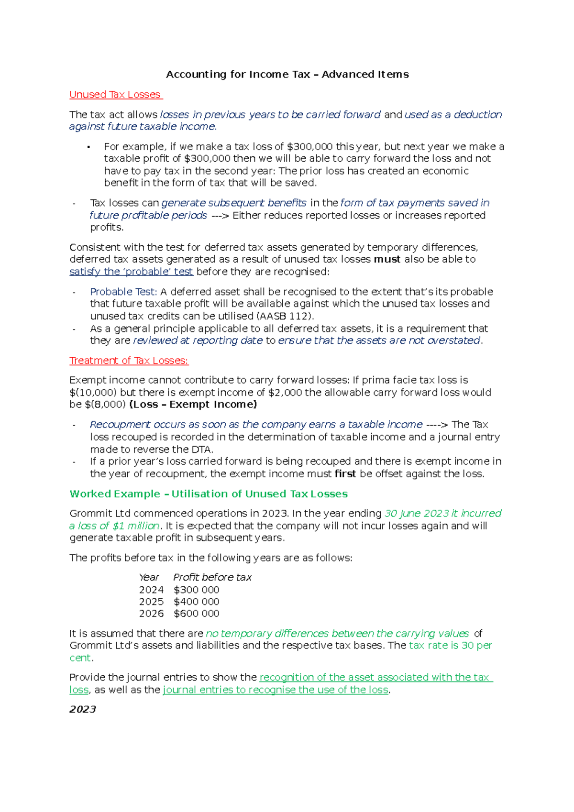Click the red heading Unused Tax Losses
pos(115,95)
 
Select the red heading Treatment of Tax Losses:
pos(129,361)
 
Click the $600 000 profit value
pos(196,614)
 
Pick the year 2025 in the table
pos(151,602)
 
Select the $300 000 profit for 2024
pos(196,590)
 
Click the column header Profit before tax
pos(212,577)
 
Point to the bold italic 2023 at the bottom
pos(83,709)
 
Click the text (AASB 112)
pos(285,316)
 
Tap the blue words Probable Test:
pos(123,292)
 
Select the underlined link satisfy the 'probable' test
pos(131,272)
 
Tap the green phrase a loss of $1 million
pos(114,526)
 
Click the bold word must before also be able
pos(387,259)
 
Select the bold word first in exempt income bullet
pos(345,474)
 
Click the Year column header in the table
pos(149,577)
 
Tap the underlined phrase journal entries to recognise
pos(275,690)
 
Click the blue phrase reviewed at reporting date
pos(198,340)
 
